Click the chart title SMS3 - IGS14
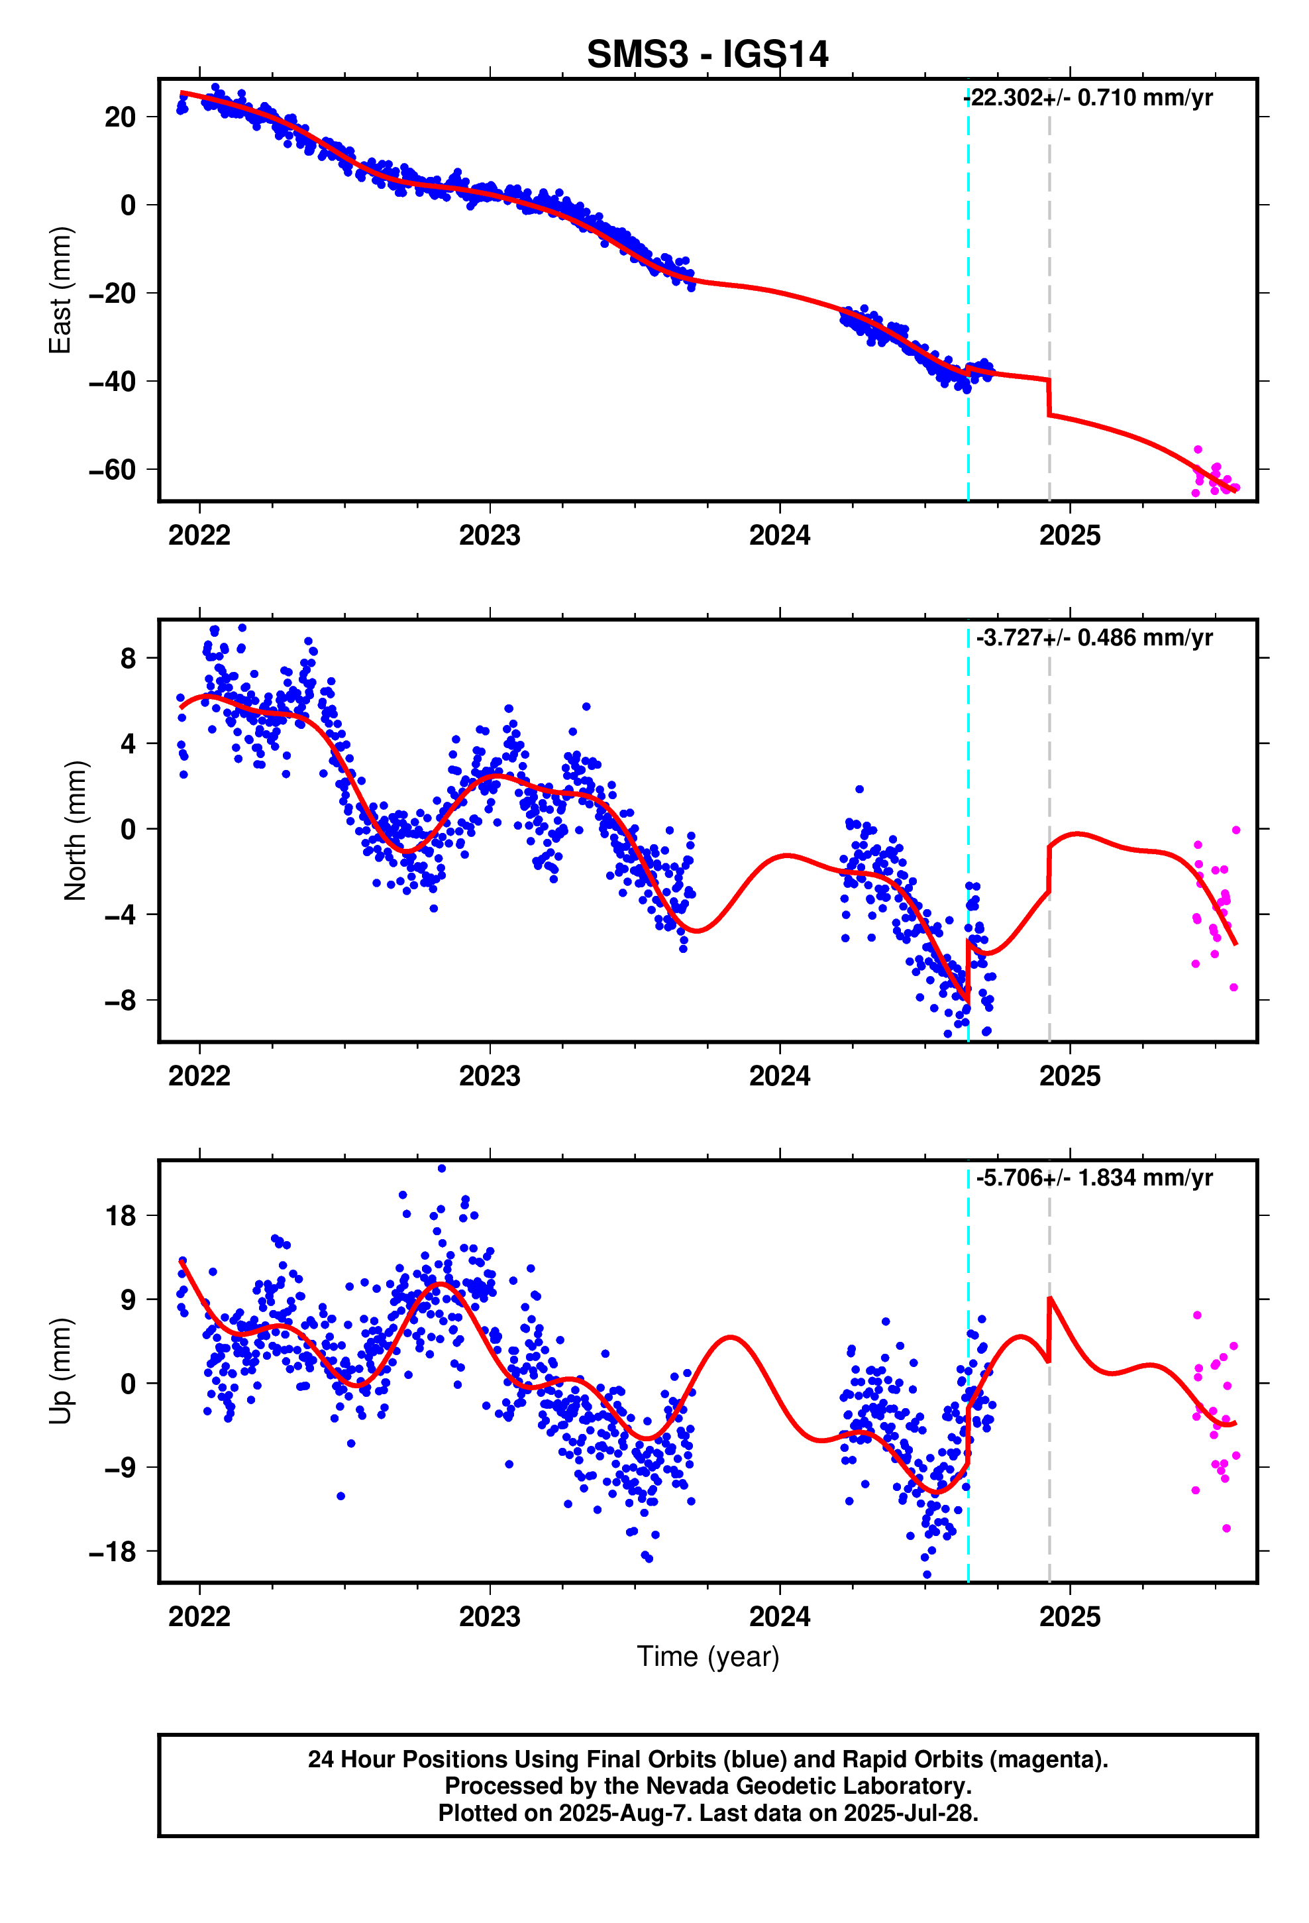707,54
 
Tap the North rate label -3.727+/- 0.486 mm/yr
1094,637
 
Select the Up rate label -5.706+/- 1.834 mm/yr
1094,1178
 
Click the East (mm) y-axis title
60,290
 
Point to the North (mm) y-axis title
74,830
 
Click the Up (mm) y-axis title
60,1371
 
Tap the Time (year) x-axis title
707,1657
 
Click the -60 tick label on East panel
112,470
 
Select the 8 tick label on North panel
127,659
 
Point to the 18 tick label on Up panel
120,1217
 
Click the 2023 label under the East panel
489,535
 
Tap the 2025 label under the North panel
1069,1075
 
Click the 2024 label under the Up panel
780,1616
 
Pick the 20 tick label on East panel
120,117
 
